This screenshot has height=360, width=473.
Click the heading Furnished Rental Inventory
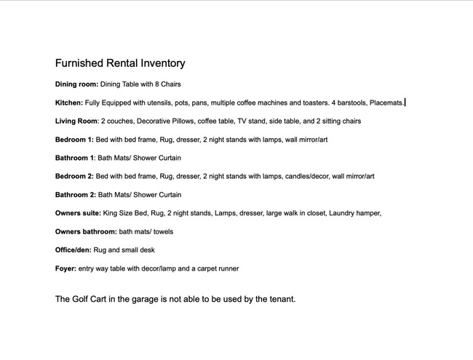[120, 63]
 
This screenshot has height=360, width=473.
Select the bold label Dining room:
[76, 84]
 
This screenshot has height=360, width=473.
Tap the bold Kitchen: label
[69, 103]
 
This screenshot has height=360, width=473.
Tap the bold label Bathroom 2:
[76, 195]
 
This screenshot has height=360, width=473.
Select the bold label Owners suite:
[79, 213]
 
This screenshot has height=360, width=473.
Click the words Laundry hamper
[357, 213]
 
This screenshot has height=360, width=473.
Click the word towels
[161, 232]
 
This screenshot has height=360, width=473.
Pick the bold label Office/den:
[73, 250]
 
